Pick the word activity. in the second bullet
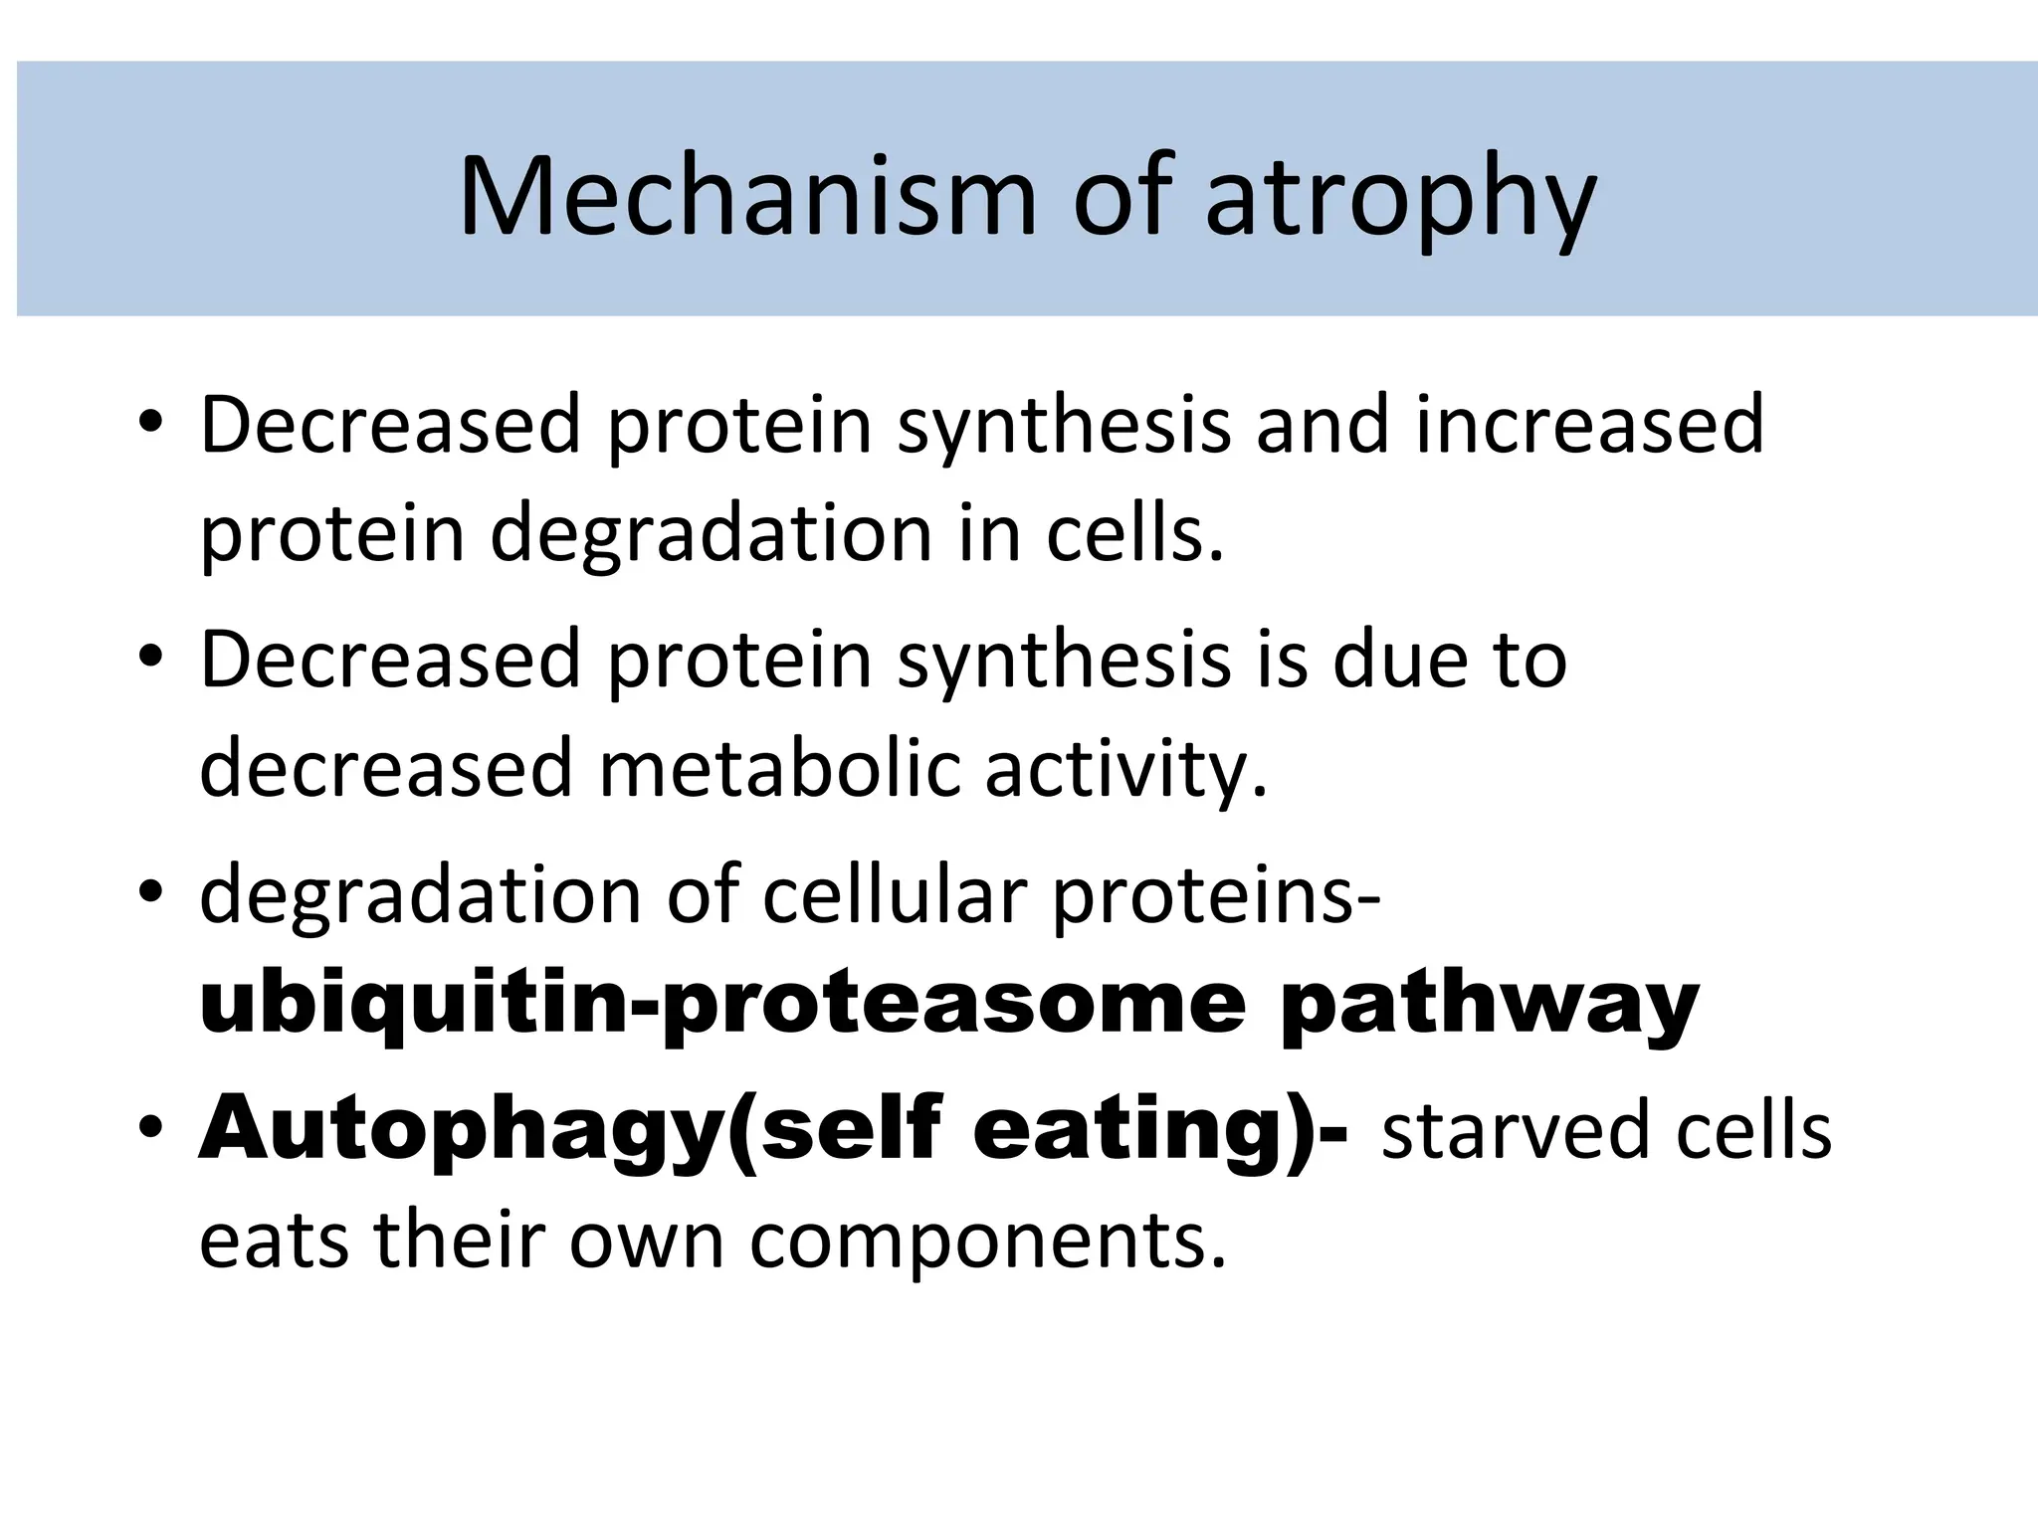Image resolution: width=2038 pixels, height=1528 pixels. coord(1126,770)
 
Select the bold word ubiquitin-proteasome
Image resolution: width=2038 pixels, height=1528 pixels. coord(722,1007)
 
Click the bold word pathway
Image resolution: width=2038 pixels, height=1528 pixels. coord(1490,1007)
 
